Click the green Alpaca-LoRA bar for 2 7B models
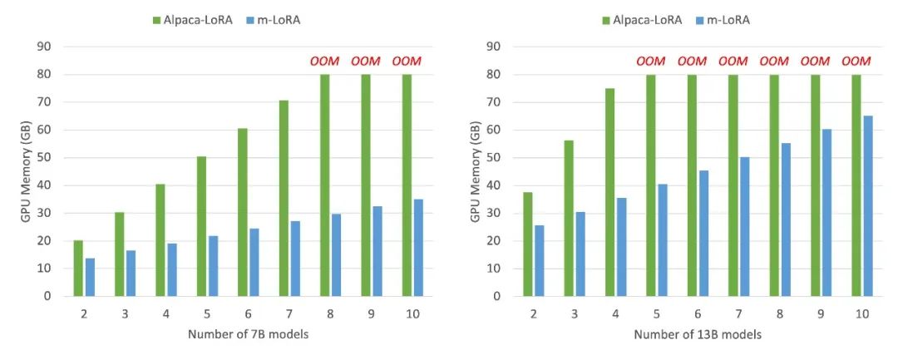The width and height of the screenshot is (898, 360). [x=78, y=268]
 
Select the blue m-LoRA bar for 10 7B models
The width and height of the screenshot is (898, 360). [x=419, y=247]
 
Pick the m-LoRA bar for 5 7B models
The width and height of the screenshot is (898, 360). [x=214, y=265]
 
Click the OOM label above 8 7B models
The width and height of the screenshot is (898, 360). [x=324, y=62]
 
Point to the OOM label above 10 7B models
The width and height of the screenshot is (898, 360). [x=407, y=62]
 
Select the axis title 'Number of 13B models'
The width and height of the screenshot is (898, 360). [x=698, y=334]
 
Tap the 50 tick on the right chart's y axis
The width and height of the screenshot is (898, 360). [x=494, y=157]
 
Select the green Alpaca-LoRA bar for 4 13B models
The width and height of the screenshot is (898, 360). [x=610, y=192]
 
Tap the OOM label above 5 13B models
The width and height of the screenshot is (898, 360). [x=651, y=62]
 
